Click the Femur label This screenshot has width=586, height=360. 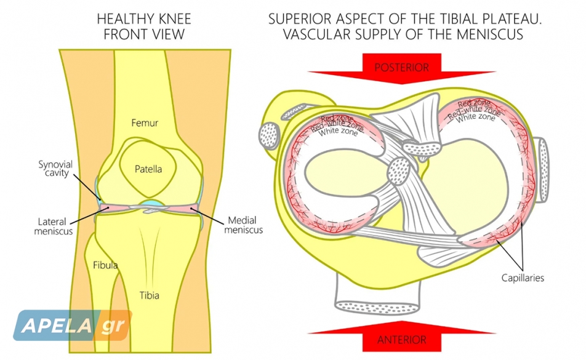pos(145,123)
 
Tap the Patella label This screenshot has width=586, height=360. pos(148,169)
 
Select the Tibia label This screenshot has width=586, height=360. pos(150,295)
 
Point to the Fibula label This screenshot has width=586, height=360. pos(105,265)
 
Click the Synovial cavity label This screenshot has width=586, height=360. pos(55,169)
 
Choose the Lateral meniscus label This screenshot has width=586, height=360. pos(54,226)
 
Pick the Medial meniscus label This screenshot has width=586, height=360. pos(243,225)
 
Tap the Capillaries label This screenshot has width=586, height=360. pos(523,278)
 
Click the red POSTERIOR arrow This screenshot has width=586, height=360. pos(402,68)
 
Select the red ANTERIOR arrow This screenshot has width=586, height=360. pos(402,337)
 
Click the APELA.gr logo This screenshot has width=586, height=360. pos(73,326)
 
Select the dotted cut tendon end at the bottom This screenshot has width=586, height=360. pos(377,307)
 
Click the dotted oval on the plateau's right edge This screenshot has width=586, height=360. pos(543,170)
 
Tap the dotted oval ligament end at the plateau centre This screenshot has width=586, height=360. pos(399,171)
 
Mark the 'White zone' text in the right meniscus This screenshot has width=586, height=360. pos(475,118)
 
